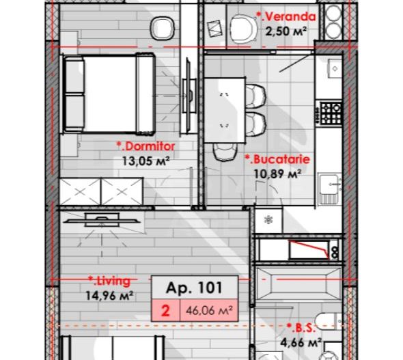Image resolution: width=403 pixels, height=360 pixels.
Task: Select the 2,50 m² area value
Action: click(x=282, y=31)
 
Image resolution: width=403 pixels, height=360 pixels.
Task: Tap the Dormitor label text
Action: click(x=145, y=146)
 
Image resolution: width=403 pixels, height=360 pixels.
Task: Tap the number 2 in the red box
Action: click(x=165, y=309)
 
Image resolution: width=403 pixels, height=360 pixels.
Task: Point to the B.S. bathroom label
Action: click(x=298, y=327)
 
